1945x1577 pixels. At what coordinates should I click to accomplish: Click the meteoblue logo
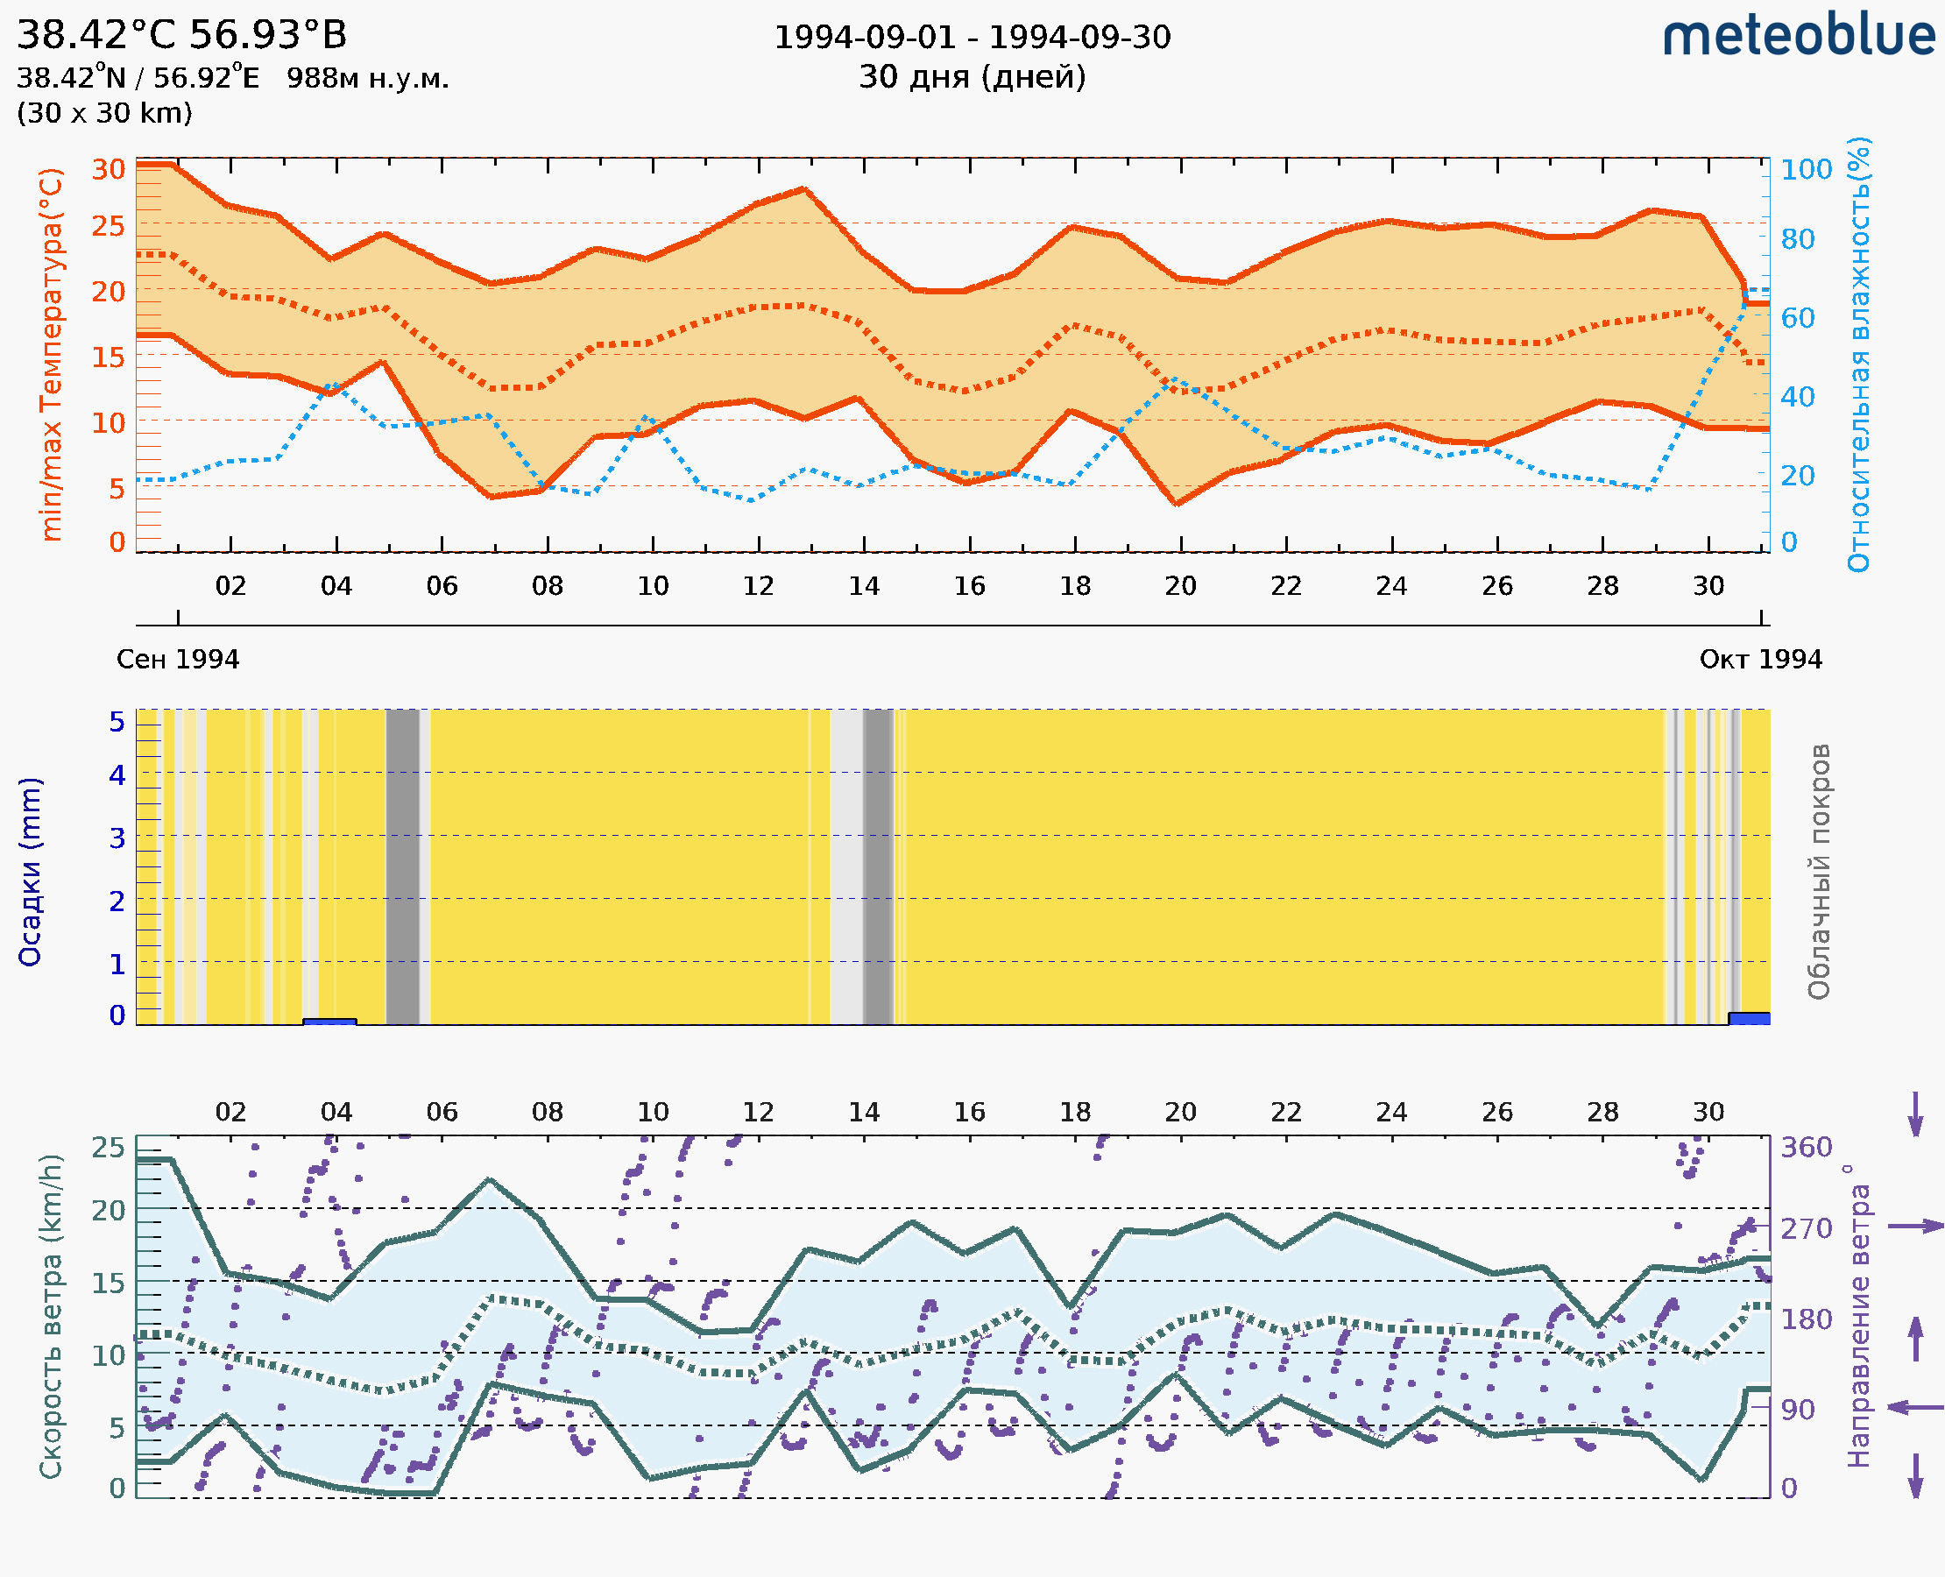coord(1799,36)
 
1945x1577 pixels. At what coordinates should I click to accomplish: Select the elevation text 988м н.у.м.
coord(367,78)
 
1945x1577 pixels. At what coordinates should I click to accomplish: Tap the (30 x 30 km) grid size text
coord(104,113)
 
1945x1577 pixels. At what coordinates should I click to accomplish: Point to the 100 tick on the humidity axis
coord(1806,169)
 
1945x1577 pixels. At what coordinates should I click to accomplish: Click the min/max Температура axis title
coord(52,354)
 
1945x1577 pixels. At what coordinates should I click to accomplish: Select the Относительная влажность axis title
coord(1858,354)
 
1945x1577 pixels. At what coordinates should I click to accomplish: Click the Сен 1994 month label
coord(177,659)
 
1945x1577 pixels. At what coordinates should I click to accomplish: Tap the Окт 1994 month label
coord(1761,659)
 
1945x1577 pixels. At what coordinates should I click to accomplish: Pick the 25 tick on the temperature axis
coord(108,225)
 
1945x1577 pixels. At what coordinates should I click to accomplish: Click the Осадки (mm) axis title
coord(30,872)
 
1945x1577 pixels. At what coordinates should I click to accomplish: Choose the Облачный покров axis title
coord(1819,872)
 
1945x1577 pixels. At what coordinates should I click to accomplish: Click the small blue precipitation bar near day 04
coord(329,1022)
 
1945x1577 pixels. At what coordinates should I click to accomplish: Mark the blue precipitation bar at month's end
coord(1749,1018)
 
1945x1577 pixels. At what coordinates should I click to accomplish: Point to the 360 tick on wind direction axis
coord(1806,1148)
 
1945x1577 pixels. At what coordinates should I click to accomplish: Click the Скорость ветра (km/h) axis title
coord(51,1316)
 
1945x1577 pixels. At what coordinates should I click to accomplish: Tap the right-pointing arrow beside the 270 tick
coord(1915,1227)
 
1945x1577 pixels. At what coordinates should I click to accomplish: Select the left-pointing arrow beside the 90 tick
coord(1915,1407)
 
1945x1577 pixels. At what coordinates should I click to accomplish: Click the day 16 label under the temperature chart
coord(969,586)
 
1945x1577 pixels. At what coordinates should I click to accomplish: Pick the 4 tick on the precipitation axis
coord(117,774)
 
